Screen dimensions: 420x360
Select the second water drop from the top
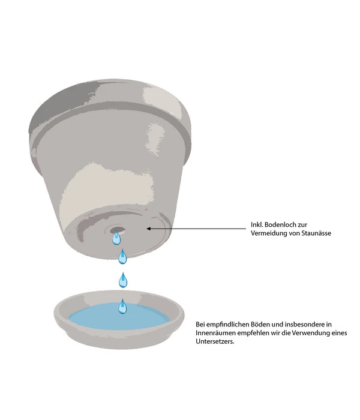(122, 258)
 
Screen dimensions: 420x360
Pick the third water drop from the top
(123, 280)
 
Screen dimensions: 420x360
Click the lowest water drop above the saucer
(122, 307)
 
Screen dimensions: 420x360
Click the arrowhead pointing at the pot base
(149, 229)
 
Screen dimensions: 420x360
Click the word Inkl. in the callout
(258, 225)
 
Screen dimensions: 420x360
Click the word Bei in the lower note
(201, 324)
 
